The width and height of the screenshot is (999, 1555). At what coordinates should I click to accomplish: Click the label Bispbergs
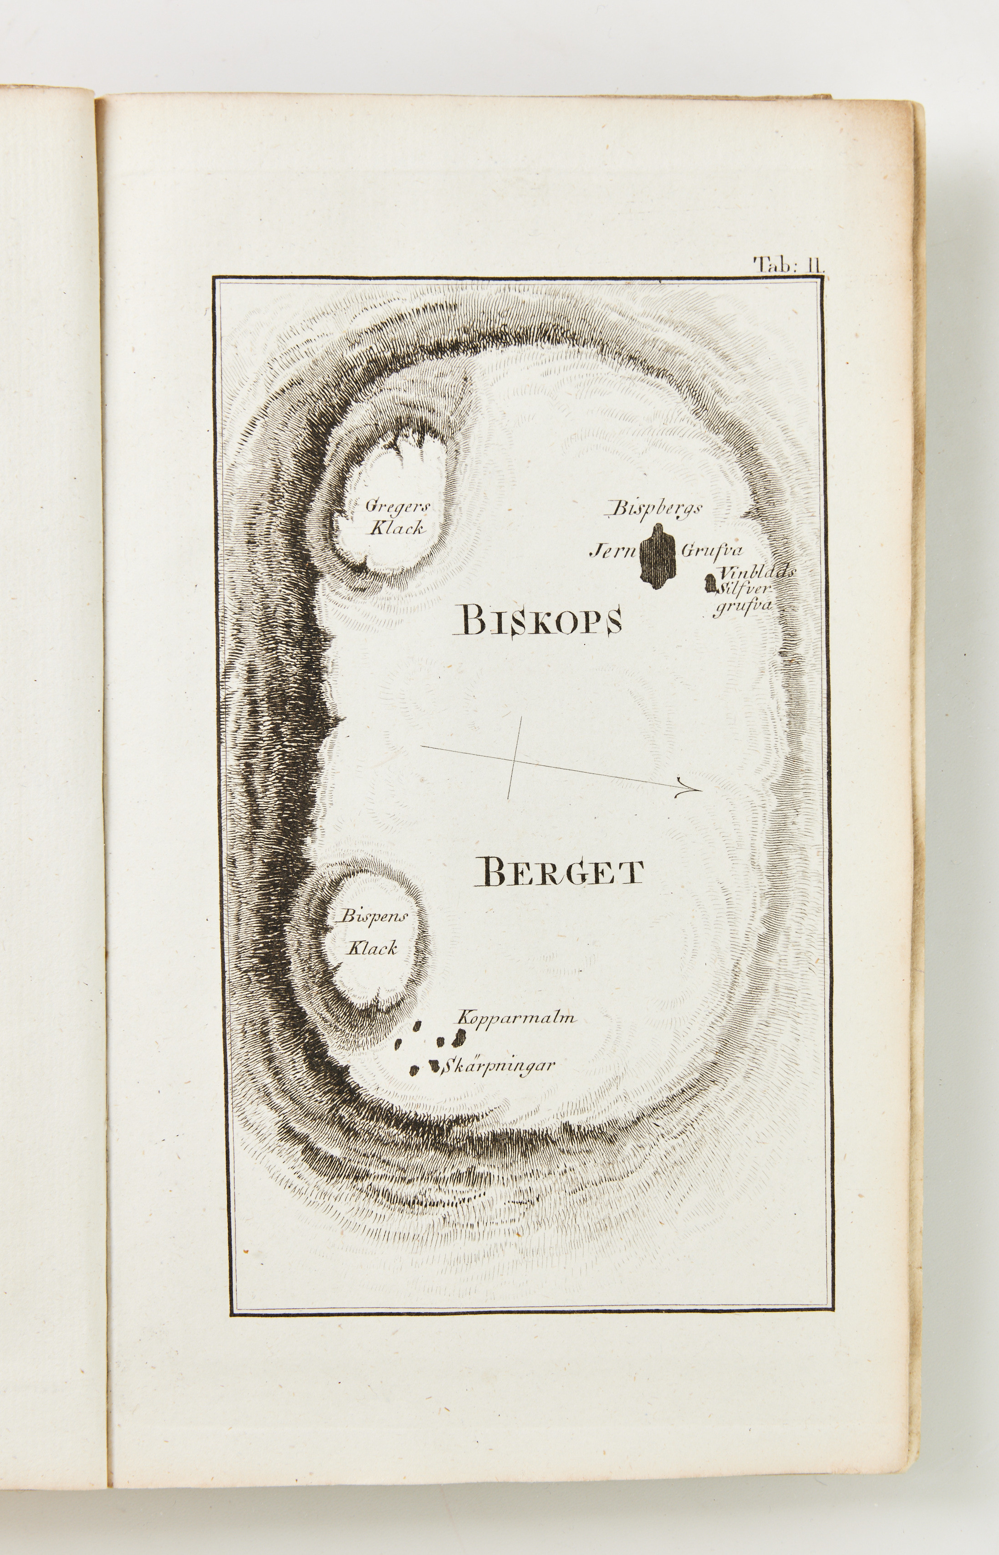click(x=654, y=509)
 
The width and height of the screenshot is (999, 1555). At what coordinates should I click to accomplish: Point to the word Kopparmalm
click(x=516, y=1037)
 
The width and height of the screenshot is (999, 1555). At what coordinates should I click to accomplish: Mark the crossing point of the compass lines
click(x=516, y=758)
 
